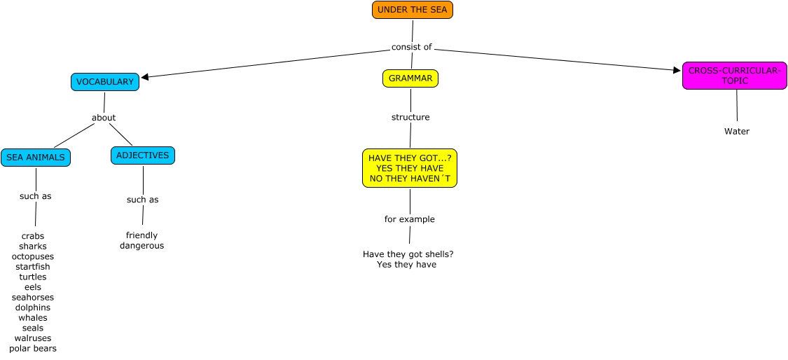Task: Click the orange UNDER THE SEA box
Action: (412, 10)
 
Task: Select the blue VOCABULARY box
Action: (104, 82)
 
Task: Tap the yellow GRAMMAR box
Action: (410, 78)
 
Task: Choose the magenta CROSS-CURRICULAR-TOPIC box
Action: (734, 76)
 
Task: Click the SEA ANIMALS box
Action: (35, 158)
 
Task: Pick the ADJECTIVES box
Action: (142, 155)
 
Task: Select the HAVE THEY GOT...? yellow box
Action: (410, 169)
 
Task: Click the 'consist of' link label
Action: (411, 47)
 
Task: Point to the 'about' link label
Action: (104, 118)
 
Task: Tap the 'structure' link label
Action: (410, 117)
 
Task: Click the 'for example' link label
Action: (409, 219)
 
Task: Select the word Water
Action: (737, 132)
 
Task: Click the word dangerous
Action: (141, 246)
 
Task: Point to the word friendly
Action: (141, 235)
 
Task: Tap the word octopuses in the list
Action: (33, 256)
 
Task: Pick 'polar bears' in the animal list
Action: (33, 348)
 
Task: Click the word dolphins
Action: (33, 307)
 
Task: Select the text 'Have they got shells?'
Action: (413, 254)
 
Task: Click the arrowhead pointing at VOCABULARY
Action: (145, 76)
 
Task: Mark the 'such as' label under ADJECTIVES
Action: (142, 200)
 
